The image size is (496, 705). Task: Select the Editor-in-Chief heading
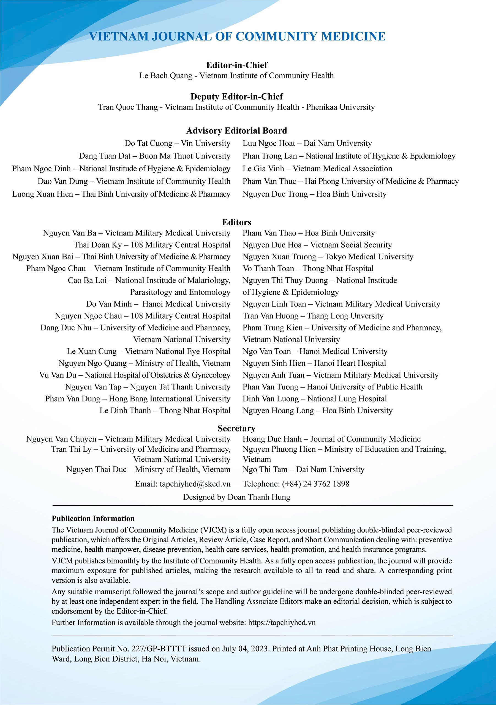(237, 65)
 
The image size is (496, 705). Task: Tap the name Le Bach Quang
(166, 75)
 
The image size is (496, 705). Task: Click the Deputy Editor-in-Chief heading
(237, 96)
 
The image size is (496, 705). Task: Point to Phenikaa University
(340, 107)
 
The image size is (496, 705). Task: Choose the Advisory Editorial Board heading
(237, 131)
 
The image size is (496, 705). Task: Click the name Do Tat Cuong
(149, 143)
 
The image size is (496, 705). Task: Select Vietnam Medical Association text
(342, 169)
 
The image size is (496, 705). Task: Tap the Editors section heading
(237, 222)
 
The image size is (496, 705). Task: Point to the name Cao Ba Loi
(87, 280)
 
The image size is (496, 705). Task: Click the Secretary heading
(237, 428)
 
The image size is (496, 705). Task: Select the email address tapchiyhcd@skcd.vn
(195, 484)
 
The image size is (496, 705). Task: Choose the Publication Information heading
(93, 518)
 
